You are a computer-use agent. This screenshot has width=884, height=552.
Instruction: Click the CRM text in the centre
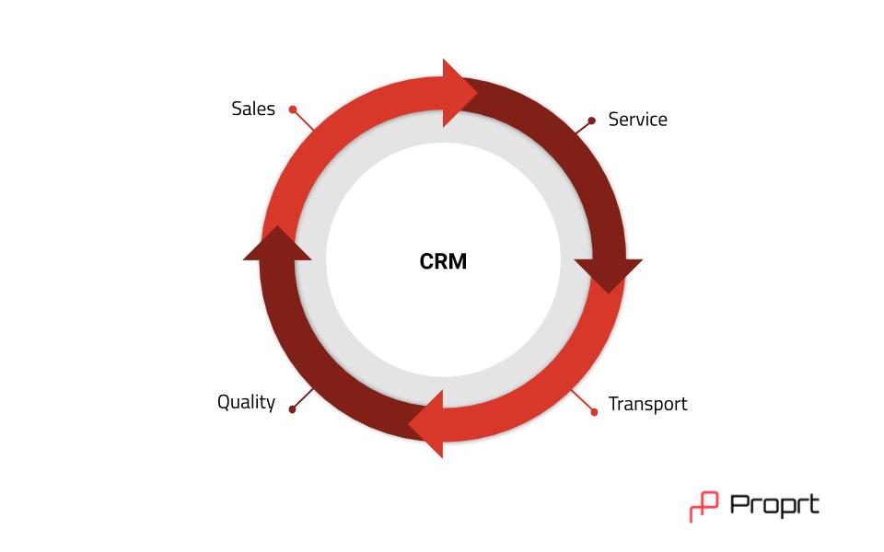tap(443, 261)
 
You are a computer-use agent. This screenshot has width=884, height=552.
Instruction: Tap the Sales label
tap(253, 109)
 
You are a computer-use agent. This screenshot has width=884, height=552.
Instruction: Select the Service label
tap(637, 119)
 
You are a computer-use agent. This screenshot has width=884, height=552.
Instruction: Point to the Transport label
tap(647, 404)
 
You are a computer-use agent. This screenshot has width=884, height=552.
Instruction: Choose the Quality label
tap(247, 402)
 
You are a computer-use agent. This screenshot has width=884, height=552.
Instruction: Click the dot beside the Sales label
tap(293, 109)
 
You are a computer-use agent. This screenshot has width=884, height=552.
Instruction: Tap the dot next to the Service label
tap(591, 121)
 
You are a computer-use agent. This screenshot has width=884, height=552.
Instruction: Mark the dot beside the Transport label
tap(594, 412)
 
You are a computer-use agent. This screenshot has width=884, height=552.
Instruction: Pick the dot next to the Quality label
tap(292, 409)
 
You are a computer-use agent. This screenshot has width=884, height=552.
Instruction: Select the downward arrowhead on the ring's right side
tap(609, 273)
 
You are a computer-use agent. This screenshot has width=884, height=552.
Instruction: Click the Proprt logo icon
tap(704, 506)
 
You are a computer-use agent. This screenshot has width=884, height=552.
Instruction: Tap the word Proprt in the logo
tap(774, 505)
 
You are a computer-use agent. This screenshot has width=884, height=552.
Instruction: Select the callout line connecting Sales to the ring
tap(303, 120)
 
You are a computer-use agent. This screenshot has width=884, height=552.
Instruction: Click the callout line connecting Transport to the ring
tap(583, 401)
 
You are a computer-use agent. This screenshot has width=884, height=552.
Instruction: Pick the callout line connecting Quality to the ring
tap(303, 398)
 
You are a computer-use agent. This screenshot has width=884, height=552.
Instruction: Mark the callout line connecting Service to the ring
tap(584, 127)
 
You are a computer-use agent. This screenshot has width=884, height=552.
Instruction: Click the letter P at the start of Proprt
tap(739, 504)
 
